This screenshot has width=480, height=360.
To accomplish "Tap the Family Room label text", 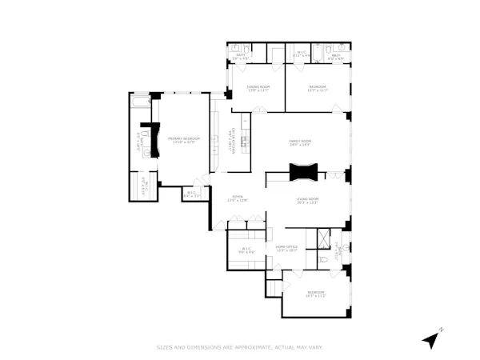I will (x=300, y=142).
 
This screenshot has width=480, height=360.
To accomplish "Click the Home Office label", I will (x=286, y=246).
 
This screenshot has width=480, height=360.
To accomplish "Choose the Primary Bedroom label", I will (x=182, y=138).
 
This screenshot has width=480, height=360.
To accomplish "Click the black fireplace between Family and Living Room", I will (x=305, y=170).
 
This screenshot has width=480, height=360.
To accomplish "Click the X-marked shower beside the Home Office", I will (x=323, y=238).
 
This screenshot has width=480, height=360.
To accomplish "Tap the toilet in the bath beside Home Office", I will (x=324, y=259).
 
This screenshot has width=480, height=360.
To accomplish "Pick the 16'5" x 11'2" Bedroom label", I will (x=316, y=293).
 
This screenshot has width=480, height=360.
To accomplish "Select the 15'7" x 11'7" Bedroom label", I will (x=317, y=89).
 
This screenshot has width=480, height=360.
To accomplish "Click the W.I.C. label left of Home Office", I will (x=246, y=249).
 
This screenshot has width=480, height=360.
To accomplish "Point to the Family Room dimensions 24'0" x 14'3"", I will (x=300, y=145).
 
